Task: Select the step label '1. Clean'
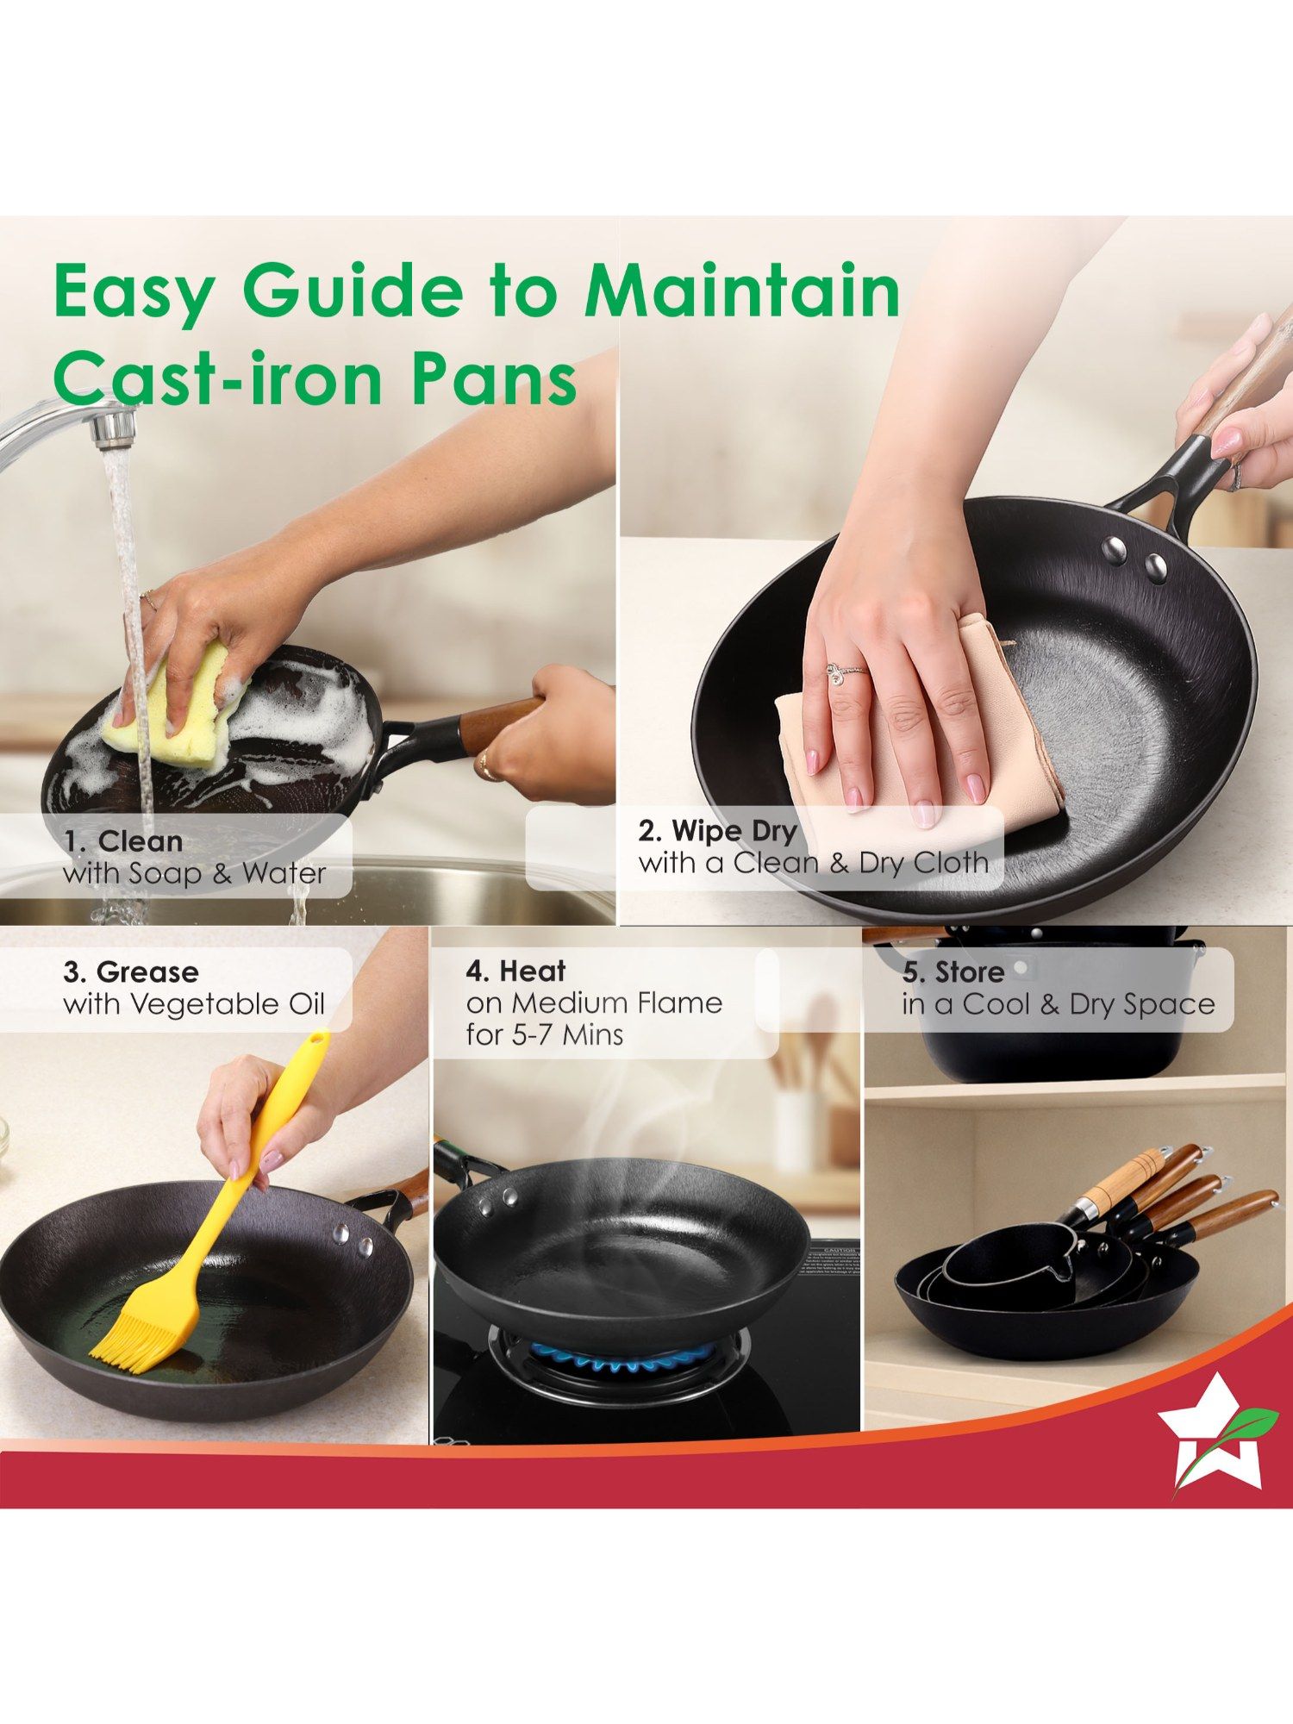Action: [123, 840]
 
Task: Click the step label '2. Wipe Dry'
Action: [717, 831]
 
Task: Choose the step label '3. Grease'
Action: [131, 971]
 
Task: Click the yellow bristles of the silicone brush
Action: [138, 1336]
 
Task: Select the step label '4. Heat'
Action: [515, 971]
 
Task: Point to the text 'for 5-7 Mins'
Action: [545, 1034]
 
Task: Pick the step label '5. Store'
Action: [953, 972]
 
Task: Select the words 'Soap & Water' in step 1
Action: [228, 873]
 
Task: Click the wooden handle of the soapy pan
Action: [500, 724]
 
